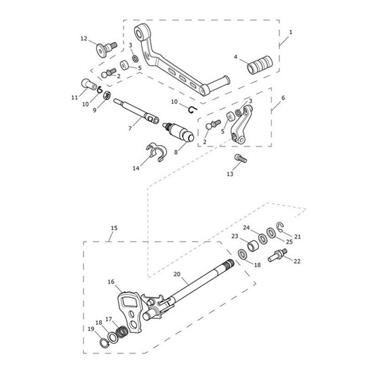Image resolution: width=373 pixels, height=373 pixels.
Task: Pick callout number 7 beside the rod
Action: click(x=130, y=127)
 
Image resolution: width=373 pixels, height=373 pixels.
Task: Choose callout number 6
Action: click(x=282, y=98)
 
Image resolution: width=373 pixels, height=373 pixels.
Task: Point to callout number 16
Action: click(x=110, y=279)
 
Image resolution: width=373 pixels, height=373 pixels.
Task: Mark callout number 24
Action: click(x=247, y=228)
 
